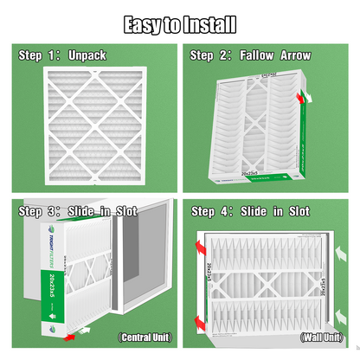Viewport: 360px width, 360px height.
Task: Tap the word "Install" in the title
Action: tap(205, 24)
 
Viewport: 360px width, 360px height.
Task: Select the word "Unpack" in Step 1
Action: tap(88, 56)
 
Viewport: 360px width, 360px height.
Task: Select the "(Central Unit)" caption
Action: tap(145, 336)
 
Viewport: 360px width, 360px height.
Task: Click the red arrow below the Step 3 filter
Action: tap(83, 331)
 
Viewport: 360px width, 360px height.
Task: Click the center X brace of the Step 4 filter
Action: tap(269, 286)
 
